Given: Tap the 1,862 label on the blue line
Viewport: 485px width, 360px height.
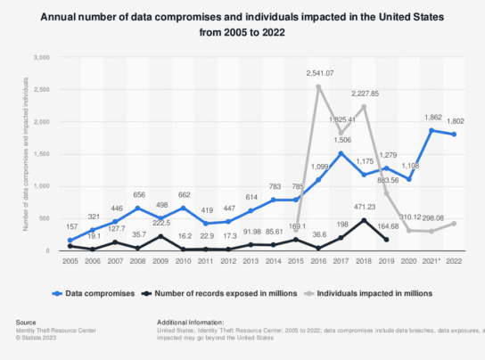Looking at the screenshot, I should point(434,118).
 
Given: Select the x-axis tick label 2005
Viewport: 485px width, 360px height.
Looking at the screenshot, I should point(70,261).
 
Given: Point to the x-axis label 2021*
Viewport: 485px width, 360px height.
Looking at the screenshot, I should point(435,261).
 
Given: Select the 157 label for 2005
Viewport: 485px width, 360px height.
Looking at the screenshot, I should point(70,227).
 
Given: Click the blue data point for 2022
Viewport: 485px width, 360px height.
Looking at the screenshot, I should point(457,135).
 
